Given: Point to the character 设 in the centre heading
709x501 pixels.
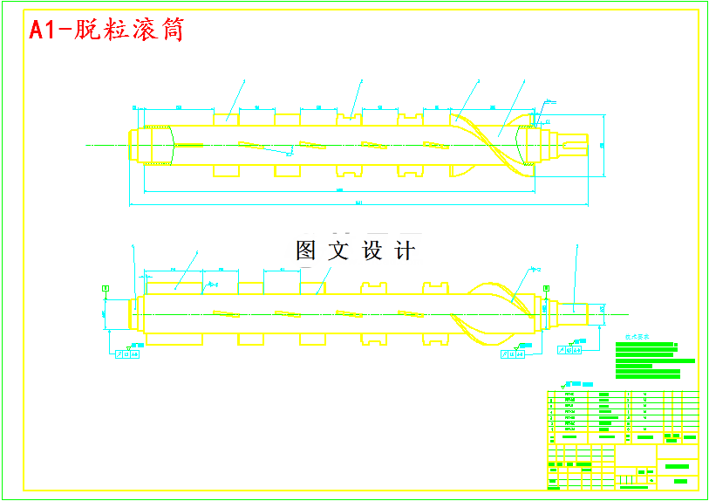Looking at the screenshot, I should coord(372,251).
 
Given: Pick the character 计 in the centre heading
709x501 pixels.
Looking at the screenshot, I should coord(405,251).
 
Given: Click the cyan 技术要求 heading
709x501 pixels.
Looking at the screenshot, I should coord(637,335).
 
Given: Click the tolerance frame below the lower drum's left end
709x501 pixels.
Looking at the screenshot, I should coord(127,354).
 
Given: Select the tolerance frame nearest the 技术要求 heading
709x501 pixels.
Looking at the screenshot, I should coord(571,350).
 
